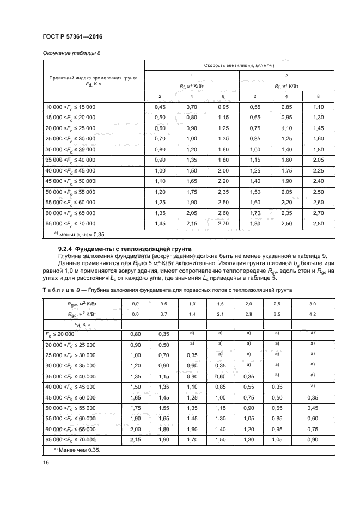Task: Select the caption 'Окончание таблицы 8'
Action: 71,53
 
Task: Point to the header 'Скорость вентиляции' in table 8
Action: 239,65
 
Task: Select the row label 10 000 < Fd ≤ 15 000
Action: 70,108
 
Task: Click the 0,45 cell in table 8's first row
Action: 160,108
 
